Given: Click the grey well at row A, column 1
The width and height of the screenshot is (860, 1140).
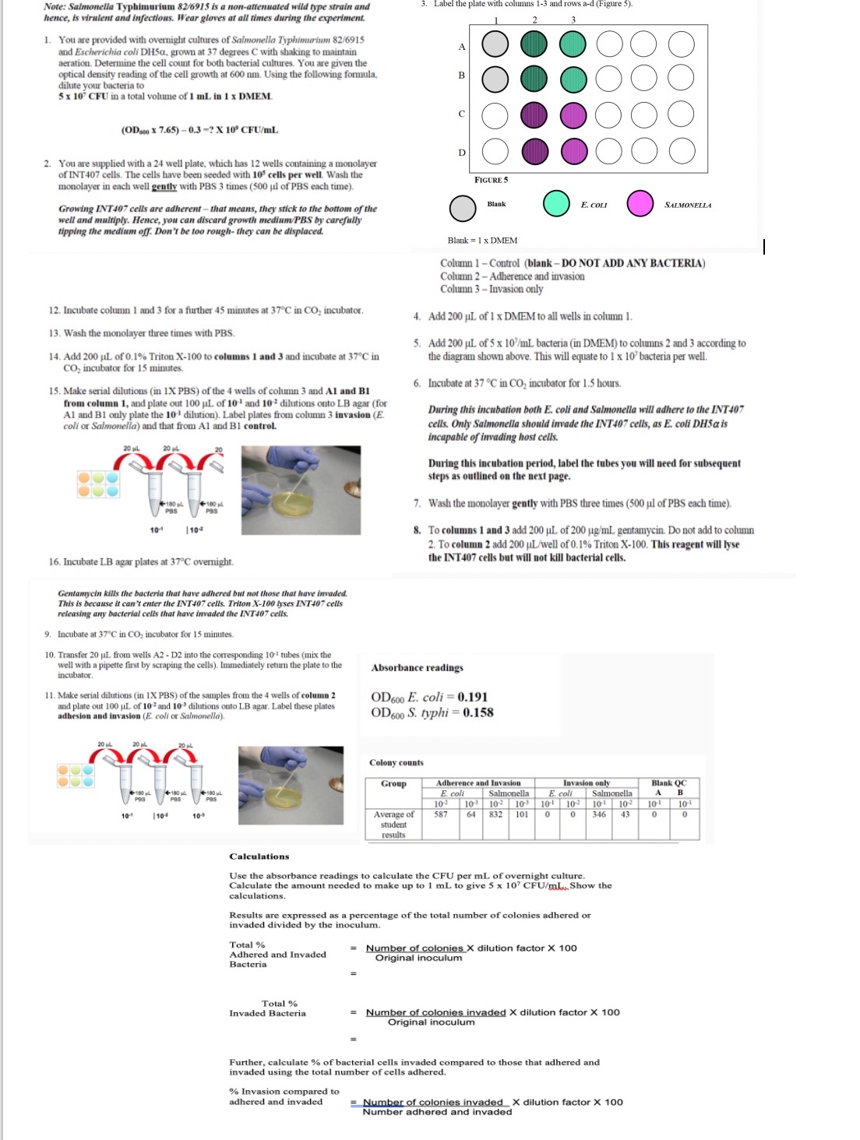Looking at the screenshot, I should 495,44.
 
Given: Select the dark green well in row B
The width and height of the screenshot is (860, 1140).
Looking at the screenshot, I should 534,78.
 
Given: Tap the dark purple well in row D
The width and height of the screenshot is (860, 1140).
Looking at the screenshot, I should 534,150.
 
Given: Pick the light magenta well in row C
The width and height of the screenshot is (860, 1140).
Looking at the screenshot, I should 573,115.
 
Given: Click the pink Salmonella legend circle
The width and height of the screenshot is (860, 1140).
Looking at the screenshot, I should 640,204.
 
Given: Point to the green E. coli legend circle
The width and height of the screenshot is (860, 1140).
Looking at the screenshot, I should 556,204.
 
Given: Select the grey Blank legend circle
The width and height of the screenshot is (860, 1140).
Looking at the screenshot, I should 463,208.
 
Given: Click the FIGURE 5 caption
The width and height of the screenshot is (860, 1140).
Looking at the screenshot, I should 491,180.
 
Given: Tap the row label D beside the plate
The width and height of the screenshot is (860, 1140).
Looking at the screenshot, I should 461,152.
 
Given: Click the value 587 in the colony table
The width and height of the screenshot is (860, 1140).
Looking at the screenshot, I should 441,815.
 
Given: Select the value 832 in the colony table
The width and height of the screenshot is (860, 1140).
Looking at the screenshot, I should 495,815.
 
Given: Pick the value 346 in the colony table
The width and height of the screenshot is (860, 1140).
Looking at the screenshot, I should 598,815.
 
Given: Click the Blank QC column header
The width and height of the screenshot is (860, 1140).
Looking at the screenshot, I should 668,783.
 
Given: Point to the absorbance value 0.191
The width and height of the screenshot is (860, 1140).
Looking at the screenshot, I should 472,697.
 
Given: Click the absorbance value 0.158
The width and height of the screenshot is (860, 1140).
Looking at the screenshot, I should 478,712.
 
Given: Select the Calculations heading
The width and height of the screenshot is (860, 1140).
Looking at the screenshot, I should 259,857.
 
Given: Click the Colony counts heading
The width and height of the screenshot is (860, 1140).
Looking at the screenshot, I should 397,762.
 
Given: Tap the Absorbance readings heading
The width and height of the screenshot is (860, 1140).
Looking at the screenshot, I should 417,668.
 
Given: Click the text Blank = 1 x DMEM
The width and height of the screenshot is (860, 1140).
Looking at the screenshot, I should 482,241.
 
